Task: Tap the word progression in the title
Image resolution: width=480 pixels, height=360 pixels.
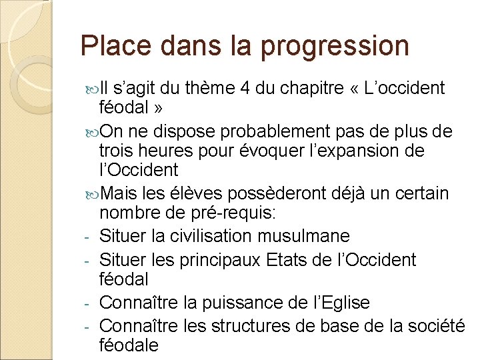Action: click(x=335, y=46)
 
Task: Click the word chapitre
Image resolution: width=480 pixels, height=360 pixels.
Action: click(x=309, y=88)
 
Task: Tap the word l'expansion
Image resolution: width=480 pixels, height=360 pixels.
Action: click(x=345, y=151)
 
